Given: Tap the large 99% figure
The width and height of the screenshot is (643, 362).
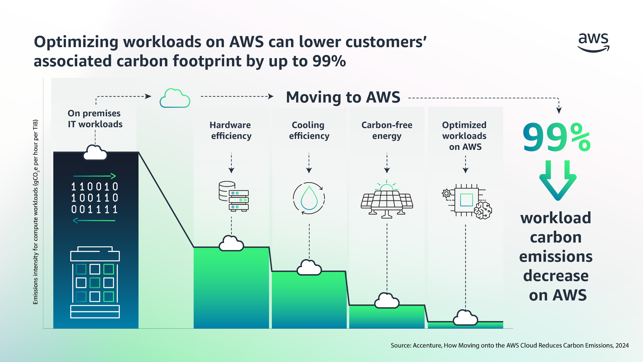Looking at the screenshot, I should pos(556,137).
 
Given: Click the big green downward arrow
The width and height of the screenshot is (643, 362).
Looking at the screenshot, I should pos(558,180).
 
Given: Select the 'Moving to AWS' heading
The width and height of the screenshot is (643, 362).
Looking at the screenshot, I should pos(343,97).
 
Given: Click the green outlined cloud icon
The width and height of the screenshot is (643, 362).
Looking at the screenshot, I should pos(175,98).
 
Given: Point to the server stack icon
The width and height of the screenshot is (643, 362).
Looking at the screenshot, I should pos(234,196).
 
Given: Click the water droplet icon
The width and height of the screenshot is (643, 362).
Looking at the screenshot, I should pos(309,198).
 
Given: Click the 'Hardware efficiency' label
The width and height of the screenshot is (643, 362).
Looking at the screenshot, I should pos(231,130).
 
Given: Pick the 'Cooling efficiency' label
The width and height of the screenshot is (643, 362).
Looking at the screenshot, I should pos(309,130).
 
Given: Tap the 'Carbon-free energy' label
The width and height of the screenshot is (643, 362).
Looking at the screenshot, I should pos(387,130).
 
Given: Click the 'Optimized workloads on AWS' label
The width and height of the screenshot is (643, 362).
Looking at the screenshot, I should pos(465,136).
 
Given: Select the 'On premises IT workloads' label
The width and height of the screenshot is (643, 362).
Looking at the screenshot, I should pos(95,118).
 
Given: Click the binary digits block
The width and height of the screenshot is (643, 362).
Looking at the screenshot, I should pos(95,198).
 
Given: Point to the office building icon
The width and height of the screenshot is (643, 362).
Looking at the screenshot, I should pos(95,282).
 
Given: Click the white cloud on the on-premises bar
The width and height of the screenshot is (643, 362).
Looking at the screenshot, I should pos(95,153).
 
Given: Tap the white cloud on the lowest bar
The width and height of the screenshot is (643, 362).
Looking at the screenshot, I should pos(465,318).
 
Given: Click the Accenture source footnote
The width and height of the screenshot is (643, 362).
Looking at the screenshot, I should pos(510,345).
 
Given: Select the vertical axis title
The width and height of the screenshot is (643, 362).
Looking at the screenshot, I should pos(36,212).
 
